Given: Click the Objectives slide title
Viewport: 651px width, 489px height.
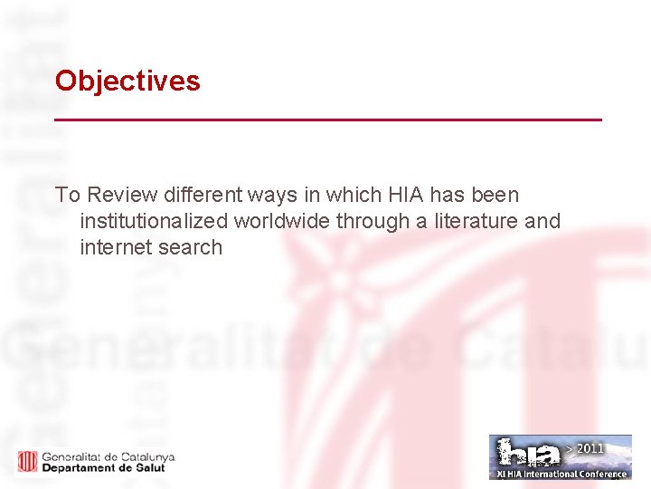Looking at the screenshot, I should tap(127, 81).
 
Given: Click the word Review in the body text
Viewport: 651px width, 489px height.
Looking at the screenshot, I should tap(122, 195).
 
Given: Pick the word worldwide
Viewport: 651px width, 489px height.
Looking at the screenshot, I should tap(282, 221).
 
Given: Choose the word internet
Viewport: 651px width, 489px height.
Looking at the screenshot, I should tap(116, 247).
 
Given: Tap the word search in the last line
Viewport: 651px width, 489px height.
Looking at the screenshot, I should tap(190, 247).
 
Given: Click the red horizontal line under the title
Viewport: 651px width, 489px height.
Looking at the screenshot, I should tap(327, 120).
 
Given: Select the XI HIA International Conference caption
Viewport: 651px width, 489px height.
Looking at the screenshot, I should tap(561, 474).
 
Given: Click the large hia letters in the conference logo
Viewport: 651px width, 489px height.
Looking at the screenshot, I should tap(529, 453).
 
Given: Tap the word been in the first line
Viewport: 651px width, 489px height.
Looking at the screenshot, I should tap(496, 195).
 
